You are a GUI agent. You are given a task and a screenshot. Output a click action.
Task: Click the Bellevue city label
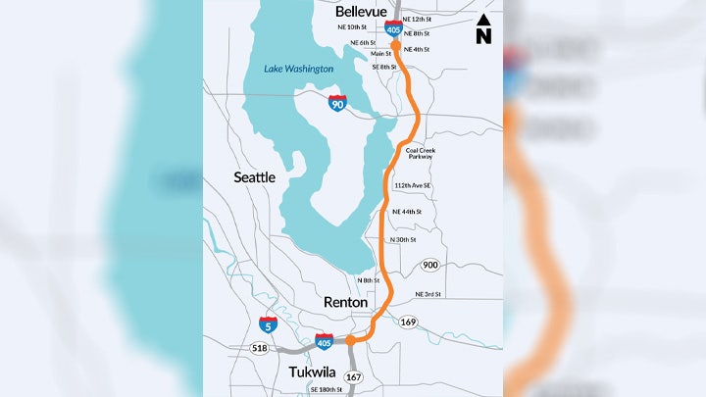click(x=362, y=11)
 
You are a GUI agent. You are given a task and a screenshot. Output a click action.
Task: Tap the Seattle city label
click(x=254, y=177)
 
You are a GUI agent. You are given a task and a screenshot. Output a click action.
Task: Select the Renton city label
click(x=345, y=303)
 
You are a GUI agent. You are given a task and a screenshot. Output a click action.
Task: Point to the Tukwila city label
click(x=316, y=373)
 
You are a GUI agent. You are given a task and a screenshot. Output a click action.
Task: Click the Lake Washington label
click(x=298, y=69)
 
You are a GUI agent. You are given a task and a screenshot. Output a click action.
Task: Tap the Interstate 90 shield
click(x=336, y=103)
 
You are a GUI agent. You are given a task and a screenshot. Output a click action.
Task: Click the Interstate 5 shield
click(x=268, y=323)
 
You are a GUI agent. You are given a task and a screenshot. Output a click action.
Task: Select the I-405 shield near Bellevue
click(x=393, y=28)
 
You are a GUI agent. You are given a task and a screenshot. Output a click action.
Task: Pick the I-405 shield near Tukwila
click(x=325, y=342)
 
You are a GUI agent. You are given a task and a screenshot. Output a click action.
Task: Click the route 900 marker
click(x=429, y=266)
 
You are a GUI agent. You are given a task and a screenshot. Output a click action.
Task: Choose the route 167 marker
click(x=353, y=376)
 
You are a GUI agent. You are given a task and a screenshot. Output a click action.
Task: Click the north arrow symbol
click(x=483, y=29)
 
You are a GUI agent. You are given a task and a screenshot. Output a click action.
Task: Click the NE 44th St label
click(x=406, y=212)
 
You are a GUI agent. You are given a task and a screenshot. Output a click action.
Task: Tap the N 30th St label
click(x=403, y=239)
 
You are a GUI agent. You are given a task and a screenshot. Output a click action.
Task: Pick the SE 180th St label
click(x=326, y=390)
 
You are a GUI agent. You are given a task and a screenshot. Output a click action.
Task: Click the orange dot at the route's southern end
click(x=350, y=341)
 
